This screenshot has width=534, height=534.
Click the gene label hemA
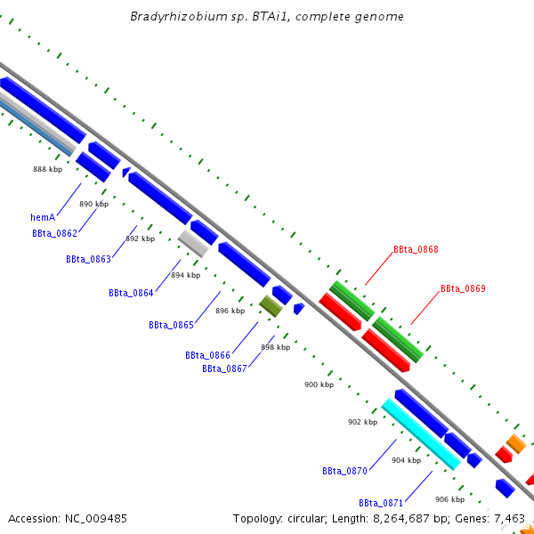tap(43, 216)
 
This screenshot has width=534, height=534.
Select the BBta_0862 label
tap(54, 233)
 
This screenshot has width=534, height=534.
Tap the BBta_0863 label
tap(88, 259)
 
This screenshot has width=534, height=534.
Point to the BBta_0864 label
tap(131, 293)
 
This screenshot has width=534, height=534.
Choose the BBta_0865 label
tap(171, 325)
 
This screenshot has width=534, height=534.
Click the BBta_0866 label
tap(207, 355)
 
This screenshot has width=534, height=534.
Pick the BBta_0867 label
tap(224, 368)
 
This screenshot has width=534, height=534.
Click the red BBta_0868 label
tap(416, 250)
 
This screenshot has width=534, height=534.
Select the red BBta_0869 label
tap(463, 288)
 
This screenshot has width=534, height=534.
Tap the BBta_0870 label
tap(344, 470)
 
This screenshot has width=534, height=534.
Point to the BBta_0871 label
tap(381, 502)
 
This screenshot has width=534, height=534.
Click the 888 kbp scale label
tap(48, 169)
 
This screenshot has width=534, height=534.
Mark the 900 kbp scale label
tap(319, 384)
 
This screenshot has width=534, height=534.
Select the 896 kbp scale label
tap(230, 311)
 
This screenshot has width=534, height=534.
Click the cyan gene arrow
tap(421, 433)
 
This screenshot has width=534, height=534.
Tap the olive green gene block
tap(271, 306)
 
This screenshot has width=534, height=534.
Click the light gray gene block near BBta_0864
tap(193, 243)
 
